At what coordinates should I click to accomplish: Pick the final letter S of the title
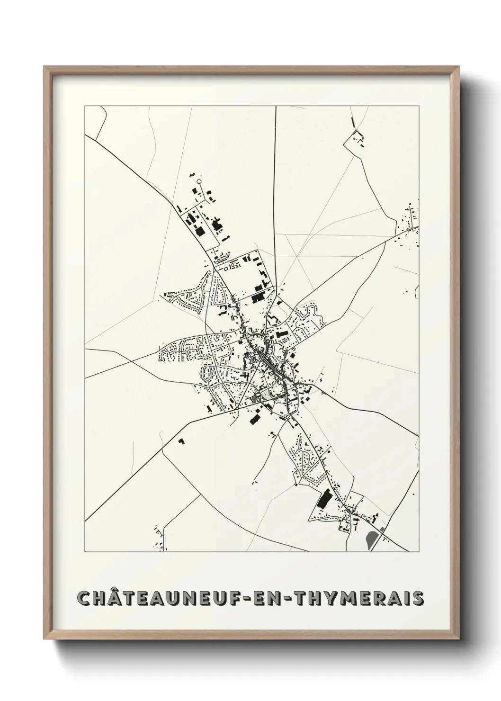(x=418, y=598)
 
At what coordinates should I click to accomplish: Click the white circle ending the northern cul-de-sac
(x=199, y=180)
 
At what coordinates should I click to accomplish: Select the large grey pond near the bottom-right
(x=372, y=539)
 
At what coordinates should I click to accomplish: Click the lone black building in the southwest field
(x=181, y=441)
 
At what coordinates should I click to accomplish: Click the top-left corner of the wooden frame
(x=44, y=67)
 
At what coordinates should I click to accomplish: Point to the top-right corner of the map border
(x=420, y=106)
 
